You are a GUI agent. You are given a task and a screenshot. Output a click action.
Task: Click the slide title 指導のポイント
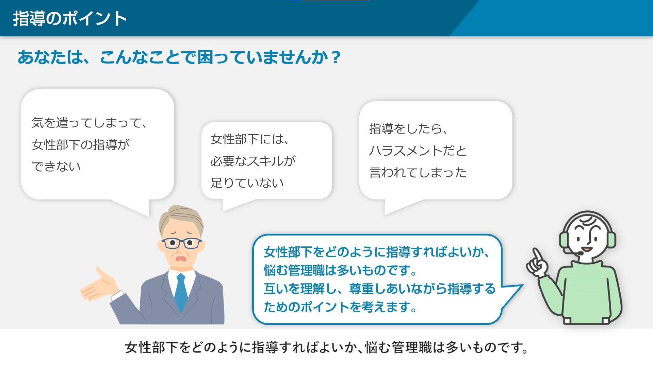click(x=70, y=18)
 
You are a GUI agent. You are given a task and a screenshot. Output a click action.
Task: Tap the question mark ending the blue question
click(x=336, y=57)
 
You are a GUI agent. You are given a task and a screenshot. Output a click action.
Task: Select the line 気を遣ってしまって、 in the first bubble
click(x=89, y=123)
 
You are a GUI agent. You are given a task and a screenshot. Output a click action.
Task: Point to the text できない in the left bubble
click(x=56, y=167)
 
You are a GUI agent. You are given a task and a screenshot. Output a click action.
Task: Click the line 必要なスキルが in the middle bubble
click(x=253, y=161)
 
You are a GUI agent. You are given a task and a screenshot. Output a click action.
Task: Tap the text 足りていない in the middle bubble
click(x=247, y=183)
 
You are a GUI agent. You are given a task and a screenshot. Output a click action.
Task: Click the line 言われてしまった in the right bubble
click(x=418, y=173)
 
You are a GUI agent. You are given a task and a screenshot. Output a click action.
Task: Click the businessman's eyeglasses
click(x=181, y=243)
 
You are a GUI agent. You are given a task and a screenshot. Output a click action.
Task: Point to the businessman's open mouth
click(x=181, y=259)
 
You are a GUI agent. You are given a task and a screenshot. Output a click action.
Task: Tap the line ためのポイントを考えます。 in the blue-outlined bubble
click(x=340, y=307)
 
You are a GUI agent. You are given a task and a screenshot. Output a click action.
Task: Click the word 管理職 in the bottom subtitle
click(x=412, y=348)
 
